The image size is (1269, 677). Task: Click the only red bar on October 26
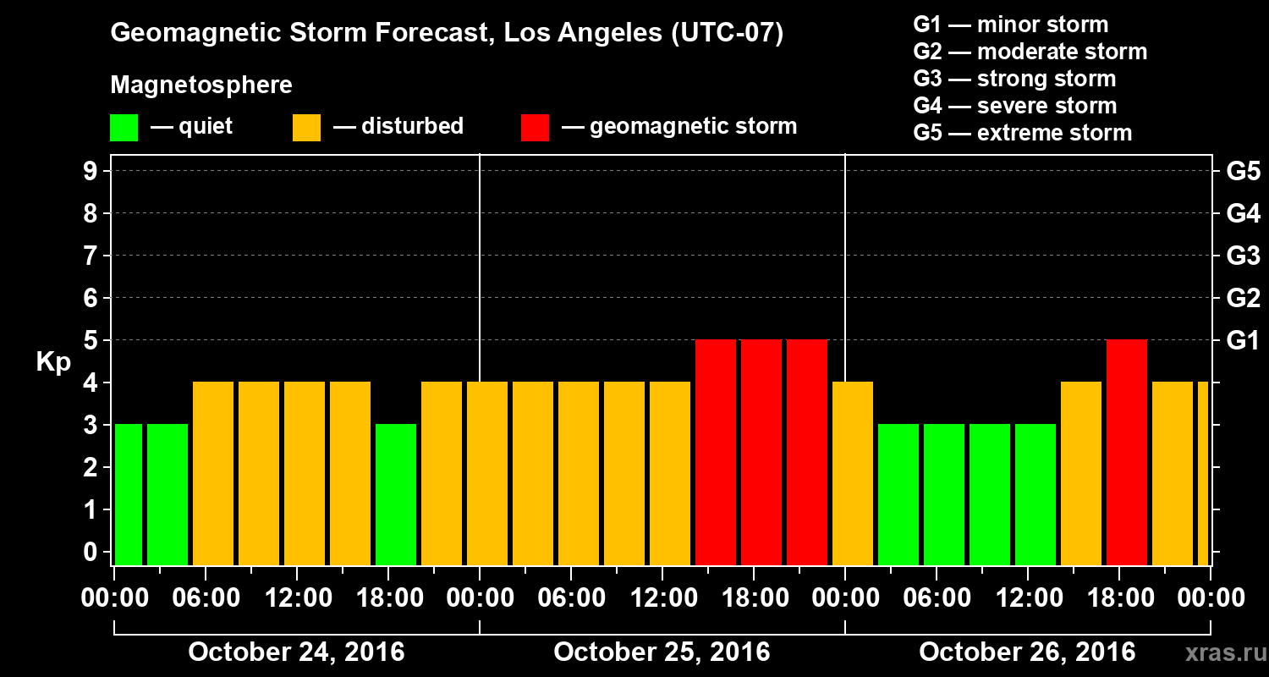1127,452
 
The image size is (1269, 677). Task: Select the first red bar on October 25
716,452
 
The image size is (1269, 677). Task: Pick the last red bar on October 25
807,452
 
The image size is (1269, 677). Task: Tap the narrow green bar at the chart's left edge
129,494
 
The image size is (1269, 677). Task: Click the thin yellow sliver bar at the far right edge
1203,473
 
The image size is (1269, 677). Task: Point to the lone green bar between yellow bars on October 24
396,494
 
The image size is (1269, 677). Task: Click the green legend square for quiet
124,128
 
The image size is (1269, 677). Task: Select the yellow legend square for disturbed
306,128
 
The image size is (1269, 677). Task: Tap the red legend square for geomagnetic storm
535,128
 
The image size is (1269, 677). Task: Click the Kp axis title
53,362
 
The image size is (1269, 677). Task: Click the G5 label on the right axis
1243,171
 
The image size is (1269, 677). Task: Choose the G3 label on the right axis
1243,256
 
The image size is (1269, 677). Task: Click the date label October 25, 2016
662,652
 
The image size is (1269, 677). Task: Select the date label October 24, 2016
296,652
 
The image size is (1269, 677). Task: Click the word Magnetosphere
201,85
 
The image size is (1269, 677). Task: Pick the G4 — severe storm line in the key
1015,106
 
